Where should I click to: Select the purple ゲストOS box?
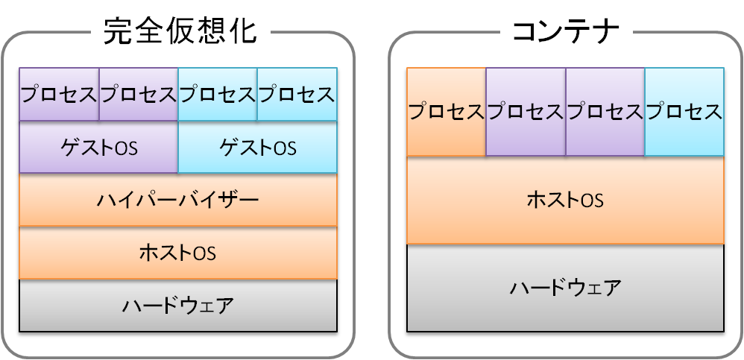(98, 148)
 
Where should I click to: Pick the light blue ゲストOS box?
(257, 148)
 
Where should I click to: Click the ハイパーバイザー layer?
(177, 200)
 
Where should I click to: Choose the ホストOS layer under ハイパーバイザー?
(177, 253)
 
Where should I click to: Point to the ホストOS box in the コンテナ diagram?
(565, 200)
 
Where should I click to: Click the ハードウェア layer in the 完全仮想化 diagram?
(177, 305)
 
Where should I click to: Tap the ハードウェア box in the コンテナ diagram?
(565, 288)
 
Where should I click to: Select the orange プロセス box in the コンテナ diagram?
(446, 112)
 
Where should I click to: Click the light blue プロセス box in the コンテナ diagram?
(684, 112)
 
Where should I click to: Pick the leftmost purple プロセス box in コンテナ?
(525, 112)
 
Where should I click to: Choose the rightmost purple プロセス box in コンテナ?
(605, 112)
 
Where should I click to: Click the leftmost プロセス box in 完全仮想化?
(59, 94)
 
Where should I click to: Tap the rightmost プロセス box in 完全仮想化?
(297, 94)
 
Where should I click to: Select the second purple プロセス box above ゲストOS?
(139, 94)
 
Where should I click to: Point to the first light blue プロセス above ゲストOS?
(218, 94)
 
